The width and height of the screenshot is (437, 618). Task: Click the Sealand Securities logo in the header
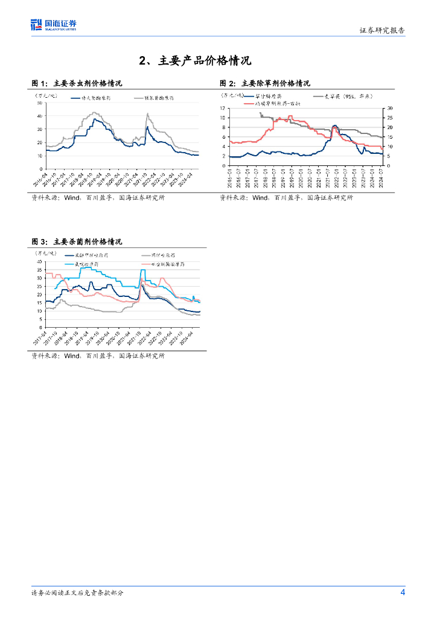(x=53, y=25)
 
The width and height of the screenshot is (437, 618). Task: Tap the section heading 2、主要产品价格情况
(x=194, y=61)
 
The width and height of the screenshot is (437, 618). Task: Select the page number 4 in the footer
(x=403, y=592)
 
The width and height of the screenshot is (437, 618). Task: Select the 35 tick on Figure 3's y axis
(x=39, y=270)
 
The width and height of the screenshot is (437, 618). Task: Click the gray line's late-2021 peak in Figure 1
(x=147, y=113)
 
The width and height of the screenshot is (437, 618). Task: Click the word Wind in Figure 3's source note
(x=72, y=356)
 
